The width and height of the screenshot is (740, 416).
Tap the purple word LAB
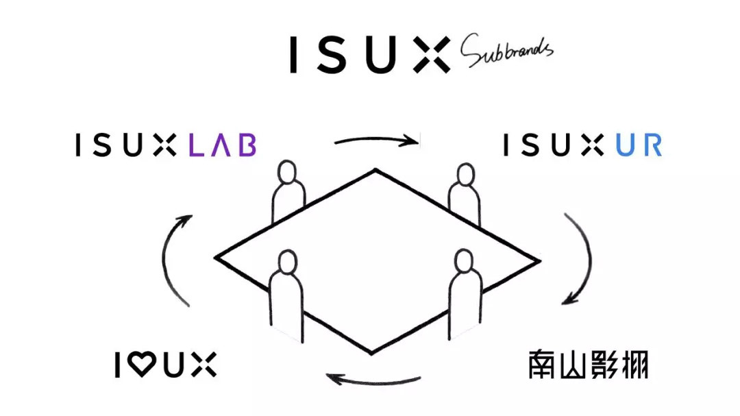222,145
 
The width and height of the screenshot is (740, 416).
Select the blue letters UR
638,145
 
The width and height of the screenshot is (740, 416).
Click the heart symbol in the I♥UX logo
142,364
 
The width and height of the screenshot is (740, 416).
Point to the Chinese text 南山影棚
588,365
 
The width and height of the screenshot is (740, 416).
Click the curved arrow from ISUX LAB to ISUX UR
375,140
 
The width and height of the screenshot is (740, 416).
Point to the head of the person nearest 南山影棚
464,260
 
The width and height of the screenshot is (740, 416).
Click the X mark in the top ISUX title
432,55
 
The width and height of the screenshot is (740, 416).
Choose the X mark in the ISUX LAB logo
164,145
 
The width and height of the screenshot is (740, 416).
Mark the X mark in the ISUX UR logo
593,145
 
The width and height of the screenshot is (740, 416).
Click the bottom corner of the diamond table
371,353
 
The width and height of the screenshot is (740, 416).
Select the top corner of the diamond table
375,170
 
